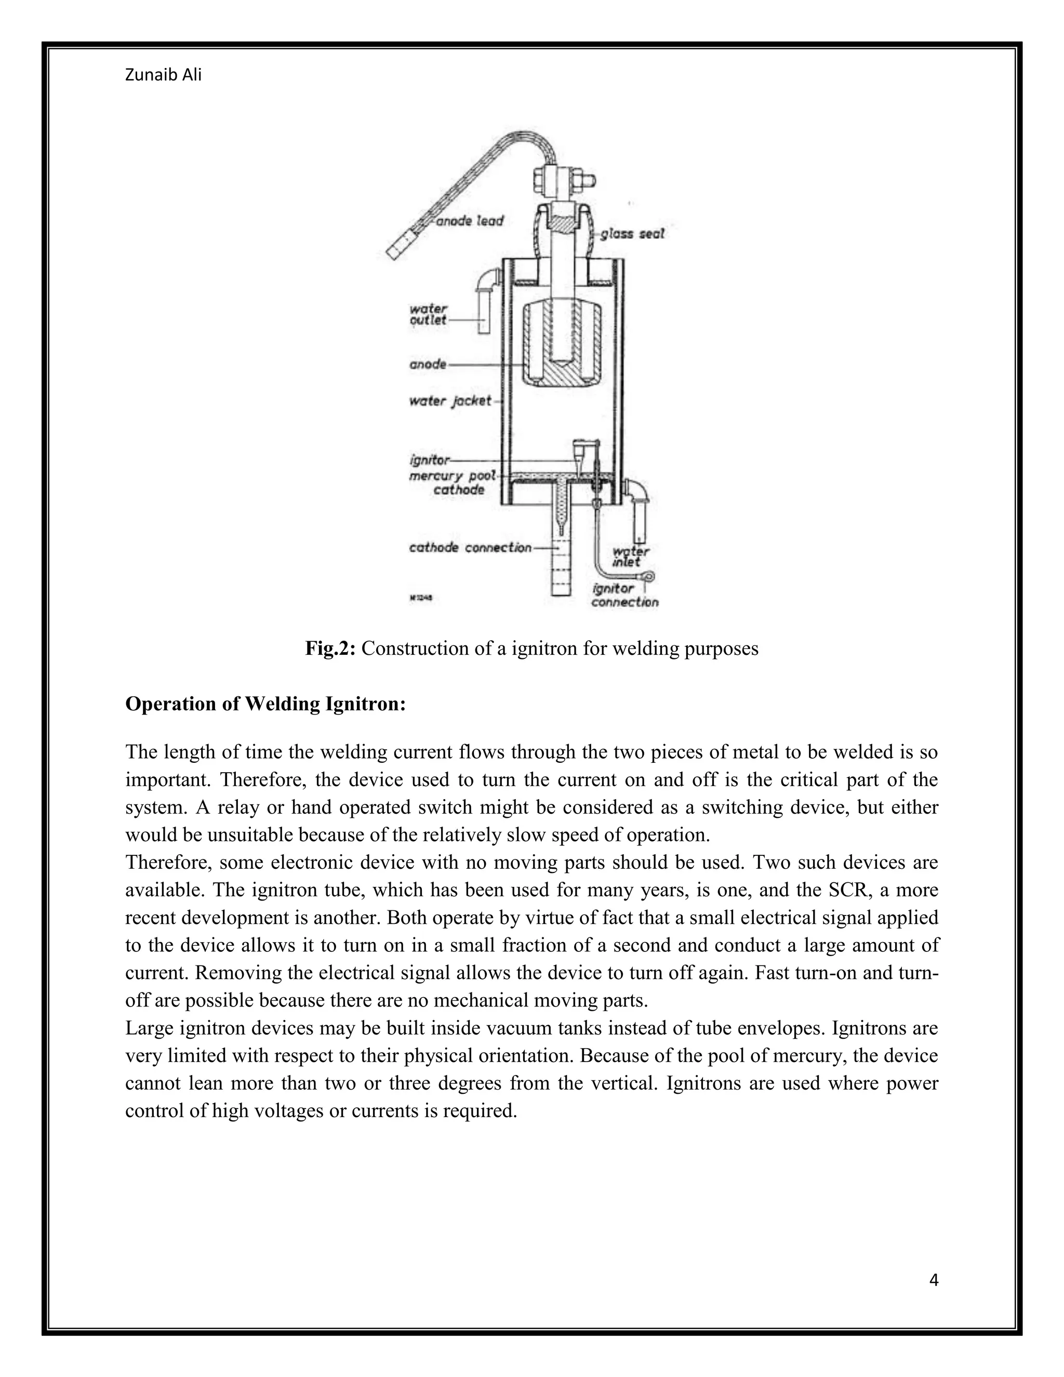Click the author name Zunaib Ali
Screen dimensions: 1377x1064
[163, 75]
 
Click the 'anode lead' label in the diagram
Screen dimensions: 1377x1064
[470, 221]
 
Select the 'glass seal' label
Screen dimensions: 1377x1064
[632, 234]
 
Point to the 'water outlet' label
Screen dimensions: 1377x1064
[428, 314]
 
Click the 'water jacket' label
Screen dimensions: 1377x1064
[450, 401]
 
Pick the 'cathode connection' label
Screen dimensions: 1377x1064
[470, 548]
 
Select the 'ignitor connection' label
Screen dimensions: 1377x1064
[624, 595]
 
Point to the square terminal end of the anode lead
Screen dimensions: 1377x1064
[398, 247]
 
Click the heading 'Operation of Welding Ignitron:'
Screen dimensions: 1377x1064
[265, 704]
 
